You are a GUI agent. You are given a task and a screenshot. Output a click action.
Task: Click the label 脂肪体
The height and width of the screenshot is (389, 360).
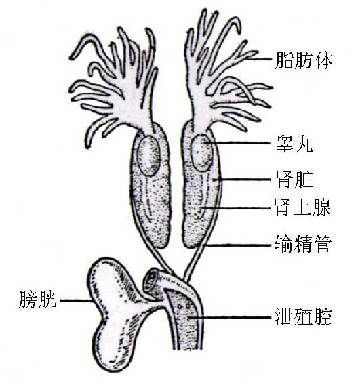point(304,60)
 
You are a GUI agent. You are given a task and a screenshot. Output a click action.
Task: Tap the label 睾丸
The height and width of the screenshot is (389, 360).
point(294,144)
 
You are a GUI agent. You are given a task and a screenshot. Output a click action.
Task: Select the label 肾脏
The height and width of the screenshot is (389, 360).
point(294,180)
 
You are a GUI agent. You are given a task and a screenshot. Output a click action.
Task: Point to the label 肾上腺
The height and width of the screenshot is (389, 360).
point(303,207)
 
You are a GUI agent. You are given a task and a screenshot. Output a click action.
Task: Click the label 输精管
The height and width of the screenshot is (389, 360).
point(303,245)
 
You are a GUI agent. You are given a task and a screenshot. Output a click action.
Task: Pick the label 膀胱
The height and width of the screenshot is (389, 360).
point(38,300)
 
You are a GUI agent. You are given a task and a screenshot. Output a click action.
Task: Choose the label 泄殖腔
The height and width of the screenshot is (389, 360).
point(304,316)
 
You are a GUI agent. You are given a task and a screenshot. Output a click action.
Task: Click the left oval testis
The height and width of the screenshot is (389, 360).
point(149,155)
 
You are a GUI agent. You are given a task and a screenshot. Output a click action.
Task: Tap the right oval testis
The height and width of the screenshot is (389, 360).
point(202,152)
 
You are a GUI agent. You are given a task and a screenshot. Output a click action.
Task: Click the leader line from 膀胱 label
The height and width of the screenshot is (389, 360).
point(76,300)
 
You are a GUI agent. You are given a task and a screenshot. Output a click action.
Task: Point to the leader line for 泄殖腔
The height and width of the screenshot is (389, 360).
point(229,317)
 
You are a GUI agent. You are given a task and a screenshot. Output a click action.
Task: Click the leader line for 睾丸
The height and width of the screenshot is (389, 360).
point(237,142)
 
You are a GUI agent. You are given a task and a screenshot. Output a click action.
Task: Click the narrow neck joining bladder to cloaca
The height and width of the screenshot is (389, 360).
point(153,303)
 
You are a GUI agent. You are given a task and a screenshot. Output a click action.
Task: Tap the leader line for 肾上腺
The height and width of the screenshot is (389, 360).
point(236,208)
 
